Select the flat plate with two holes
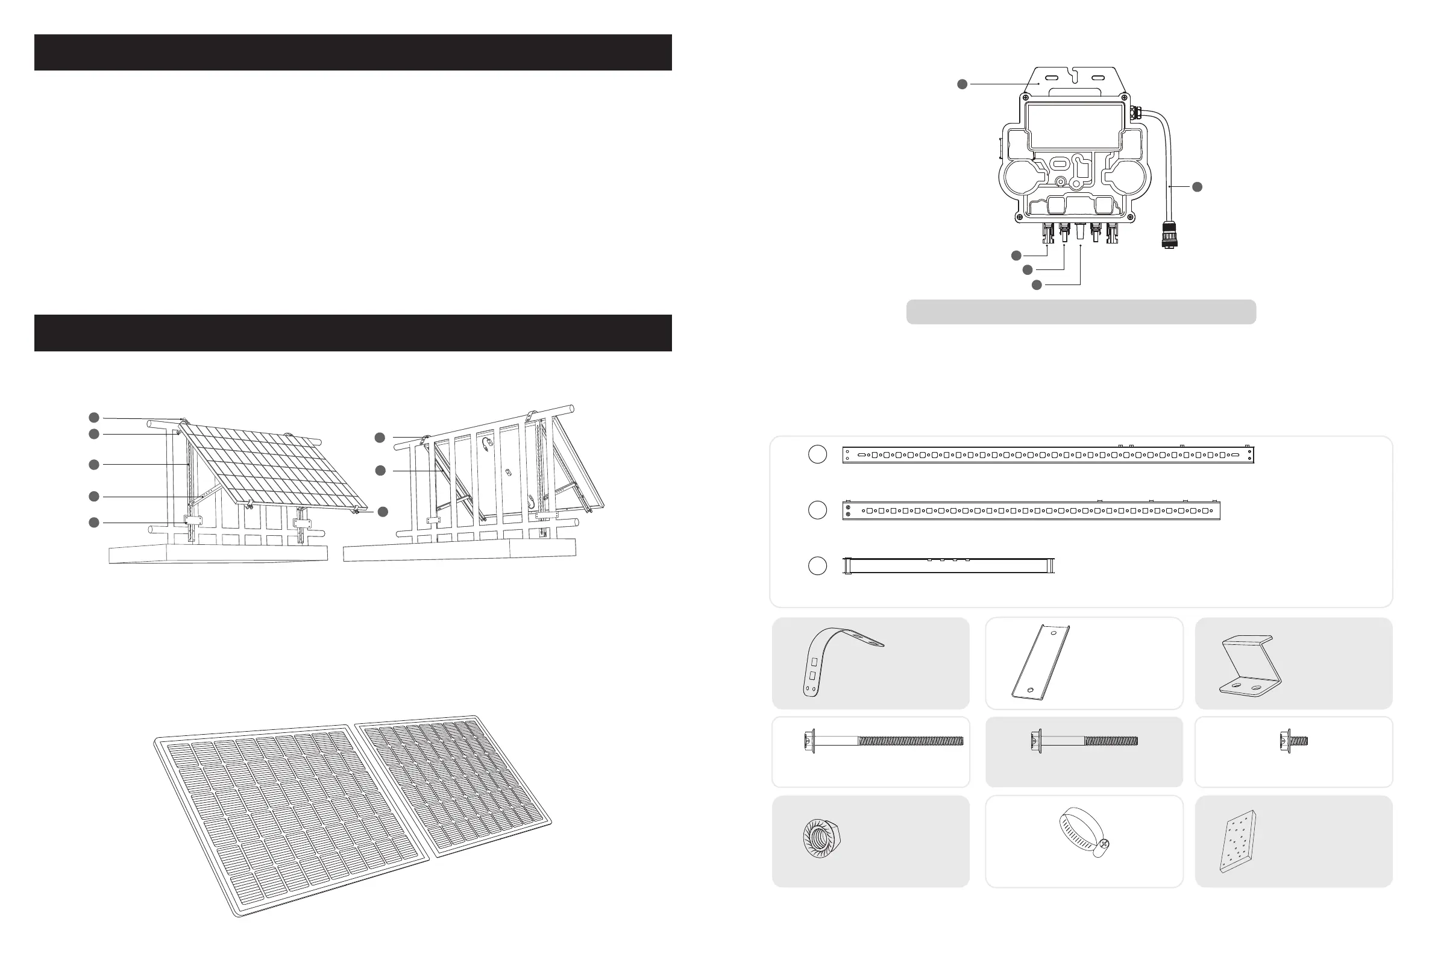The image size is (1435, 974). [x=1041, y=661]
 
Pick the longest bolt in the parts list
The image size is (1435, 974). [x=884, y=740]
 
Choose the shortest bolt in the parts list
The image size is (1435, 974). [x=1293, y=740]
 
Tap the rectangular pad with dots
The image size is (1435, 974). [x=1238, y=841]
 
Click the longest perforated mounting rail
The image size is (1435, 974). [x=1048, y=455]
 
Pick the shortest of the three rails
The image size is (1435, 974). [x=949, y=566]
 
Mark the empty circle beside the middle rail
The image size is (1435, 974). [x=817, y=510]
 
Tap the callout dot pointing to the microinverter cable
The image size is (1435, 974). [x=1197, y=186]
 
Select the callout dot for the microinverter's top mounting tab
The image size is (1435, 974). [x=962, y=84]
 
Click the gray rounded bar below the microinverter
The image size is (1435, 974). [x=1081, y=312]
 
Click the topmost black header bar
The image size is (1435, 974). [x=353, y=52]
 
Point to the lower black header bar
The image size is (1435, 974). [x=353, y=333]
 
